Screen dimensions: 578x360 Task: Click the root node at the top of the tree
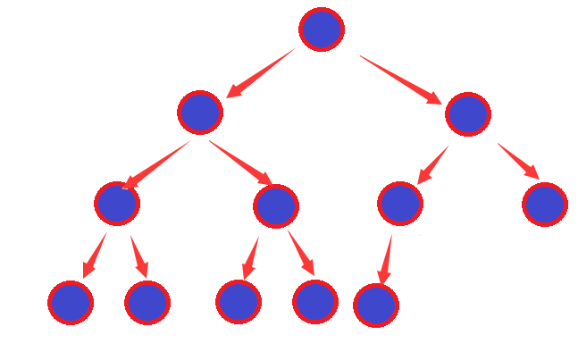tap(322, 29)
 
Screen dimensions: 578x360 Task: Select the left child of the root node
tap(200, 113)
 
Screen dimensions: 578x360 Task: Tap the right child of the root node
tap(468, 113)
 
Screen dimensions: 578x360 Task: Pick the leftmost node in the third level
tap(117, 203)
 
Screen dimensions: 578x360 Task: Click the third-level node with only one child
tap(400, 203)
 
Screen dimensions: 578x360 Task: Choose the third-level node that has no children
tap(545, 204)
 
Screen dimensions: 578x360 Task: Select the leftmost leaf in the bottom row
tap(71, 303)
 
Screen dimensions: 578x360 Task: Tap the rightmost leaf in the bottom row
tap(376, 306)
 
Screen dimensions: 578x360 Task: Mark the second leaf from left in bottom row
tap(147, 302)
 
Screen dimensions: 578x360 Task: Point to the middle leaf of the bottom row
tap(239, 301)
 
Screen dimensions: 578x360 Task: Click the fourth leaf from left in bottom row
tap(315, 302)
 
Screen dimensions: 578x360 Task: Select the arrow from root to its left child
tap(260, 73)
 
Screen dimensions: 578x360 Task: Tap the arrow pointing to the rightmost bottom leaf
tap(385, 259)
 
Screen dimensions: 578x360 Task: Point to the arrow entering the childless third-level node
tap(518, 161)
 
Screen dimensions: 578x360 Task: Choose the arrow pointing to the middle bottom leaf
tap(250, 258)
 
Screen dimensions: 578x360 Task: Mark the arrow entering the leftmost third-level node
tap(156, 164)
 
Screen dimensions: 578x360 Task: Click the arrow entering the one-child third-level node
tap(433, 164)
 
